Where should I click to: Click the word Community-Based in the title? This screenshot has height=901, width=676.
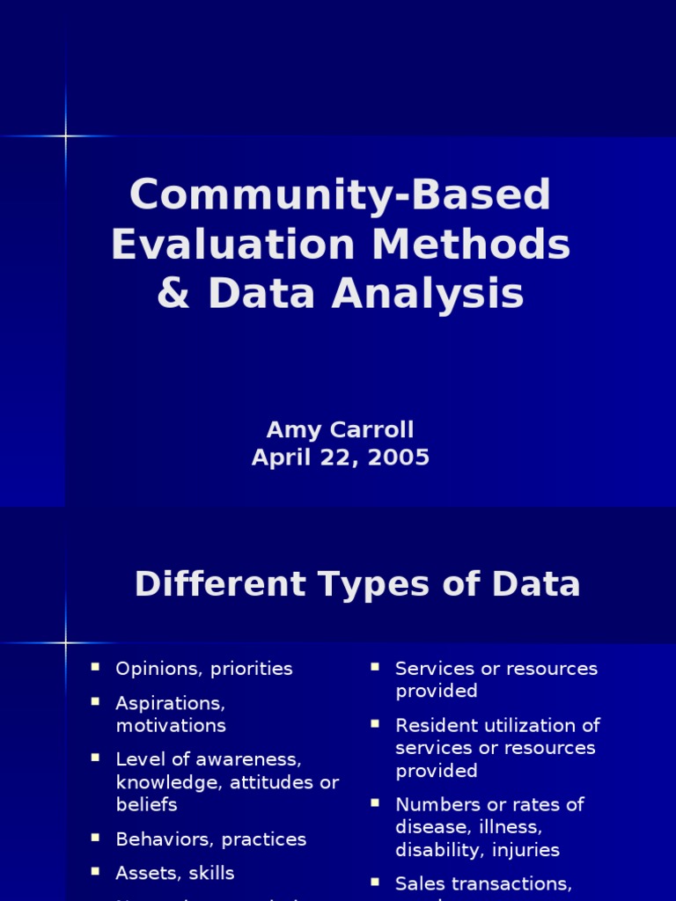point(340,195)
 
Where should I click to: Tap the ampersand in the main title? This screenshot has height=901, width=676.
point(173,294)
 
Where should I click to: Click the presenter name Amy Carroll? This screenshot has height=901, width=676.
point(340,429)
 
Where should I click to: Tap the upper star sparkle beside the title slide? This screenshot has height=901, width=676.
point(66,136)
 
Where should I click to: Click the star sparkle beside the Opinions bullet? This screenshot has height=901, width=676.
point(66,643)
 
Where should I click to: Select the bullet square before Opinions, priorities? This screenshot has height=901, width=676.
point(95,668)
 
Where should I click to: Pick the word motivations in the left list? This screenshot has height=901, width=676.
point(171,726)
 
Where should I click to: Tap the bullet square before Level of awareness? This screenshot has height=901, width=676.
point(95,758)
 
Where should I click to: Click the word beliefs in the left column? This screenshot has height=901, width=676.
point(146,804)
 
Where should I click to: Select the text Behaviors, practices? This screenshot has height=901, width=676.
point(211,839)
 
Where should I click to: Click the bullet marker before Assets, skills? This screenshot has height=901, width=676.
point(95,873)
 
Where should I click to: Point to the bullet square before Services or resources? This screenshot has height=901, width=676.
point(375,668)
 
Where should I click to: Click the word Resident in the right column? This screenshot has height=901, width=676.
point(433,725)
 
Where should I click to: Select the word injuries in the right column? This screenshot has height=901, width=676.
point(525,850)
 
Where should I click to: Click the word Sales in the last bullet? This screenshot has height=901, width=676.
point(418,883)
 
